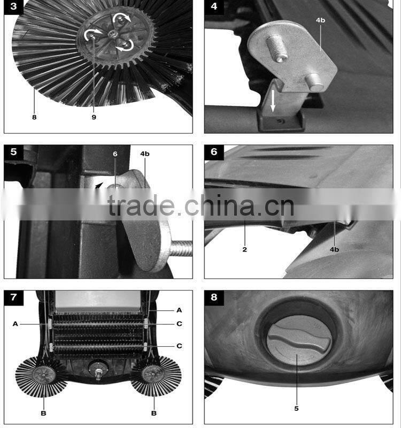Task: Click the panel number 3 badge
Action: (x=14, y=6)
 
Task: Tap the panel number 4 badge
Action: (x=214, y=6)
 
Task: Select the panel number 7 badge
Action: (x=14, y=297)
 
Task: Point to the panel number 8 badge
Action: (x=214, y=297)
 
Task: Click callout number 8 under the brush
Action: (x=34, y=117)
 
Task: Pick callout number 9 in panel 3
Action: (x=94, y=117)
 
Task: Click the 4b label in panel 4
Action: (x=320, y=20)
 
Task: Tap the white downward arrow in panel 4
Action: (x=273, y=101)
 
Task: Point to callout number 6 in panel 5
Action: (x=115, y=154)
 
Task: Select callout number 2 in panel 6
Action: (x=245, y=249)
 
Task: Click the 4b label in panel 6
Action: (x=335, y=249)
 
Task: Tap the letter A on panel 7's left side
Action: (x=16, y=324)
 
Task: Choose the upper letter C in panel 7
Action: (x=179, y=324)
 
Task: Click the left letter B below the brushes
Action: (x=43, y=413)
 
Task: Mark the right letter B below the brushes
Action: (x=154, y=413)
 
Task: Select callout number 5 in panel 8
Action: (x=297, y=409)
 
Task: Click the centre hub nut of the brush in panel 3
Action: (x=112, y=34)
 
